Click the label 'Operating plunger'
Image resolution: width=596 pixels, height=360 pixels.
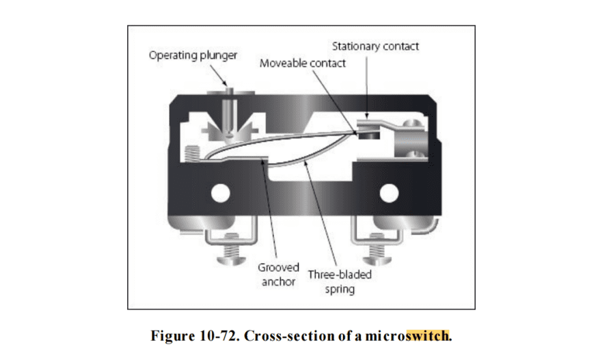tap(193, 55)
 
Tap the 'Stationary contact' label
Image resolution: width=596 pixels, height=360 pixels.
tap(375, 46)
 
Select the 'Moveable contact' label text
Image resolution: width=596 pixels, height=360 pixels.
tap(303, 63)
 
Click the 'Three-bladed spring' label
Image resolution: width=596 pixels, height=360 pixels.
tap(340, 282)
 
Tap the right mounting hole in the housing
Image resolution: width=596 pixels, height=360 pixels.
tap(390, 194)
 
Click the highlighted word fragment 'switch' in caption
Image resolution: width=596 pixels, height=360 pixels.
tap(428, 336)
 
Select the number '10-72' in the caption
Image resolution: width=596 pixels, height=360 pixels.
tap(217, 336)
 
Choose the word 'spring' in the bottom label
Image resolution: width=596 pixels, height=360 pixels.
tap(340, 290)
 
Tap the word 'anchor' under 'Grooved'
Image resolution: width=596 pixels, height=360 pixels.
tap(279, 281)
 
